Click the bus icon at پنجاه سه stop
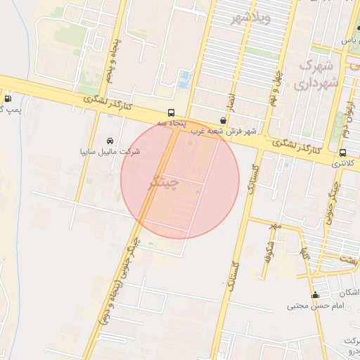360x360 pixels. (x=172, y=112)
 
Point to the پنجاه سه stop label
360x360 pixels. (x=172, y=124)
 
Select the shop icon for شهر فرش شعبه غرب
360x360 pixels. (x=223, y=120)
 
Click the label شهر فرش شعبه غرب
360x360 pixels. (x=223, y=131)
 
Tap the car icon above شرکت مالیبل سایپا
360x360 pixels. (x=109, y=141)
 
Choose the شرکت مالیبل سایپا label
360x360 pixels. (x=111, y=151)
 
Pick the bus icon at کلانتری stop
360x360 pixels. (x=342, y=153)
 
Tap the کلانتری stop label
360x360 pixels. (x=345, y=163)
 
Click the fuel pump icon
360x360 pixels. (x=8, y=99)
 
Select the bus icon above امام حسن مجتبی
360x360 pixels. (x=315, y=295)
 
